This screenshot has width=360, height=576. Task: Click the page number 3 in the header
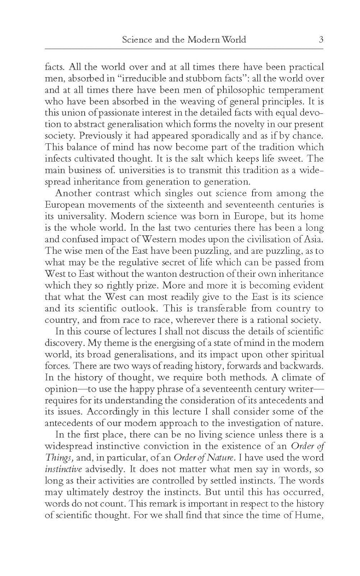[321, 39]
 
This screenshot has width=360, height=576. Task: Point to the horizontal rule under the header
[184, 49]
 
